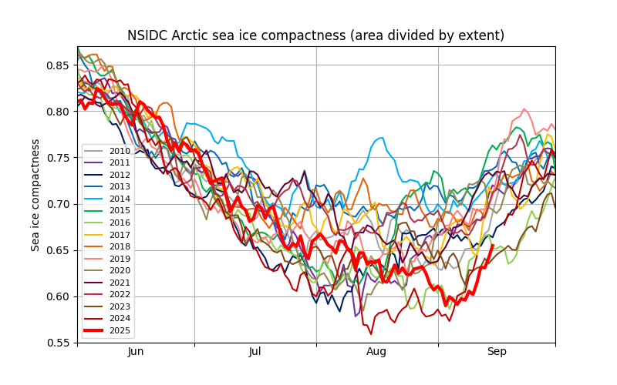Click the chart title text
(x=315, y=35)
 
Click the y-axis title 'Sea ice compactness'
(x=35, y=195)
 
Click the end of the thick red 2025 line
(x=493, y=246)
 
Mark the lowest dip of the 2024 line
(x=371, y=334)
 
